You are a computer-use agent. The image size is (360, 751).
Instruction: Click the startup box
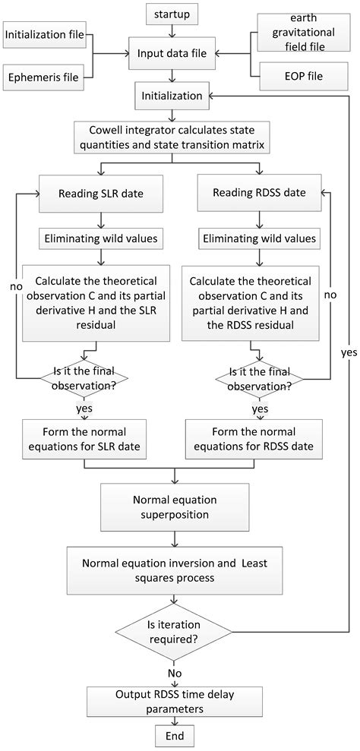coord(171,15)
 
